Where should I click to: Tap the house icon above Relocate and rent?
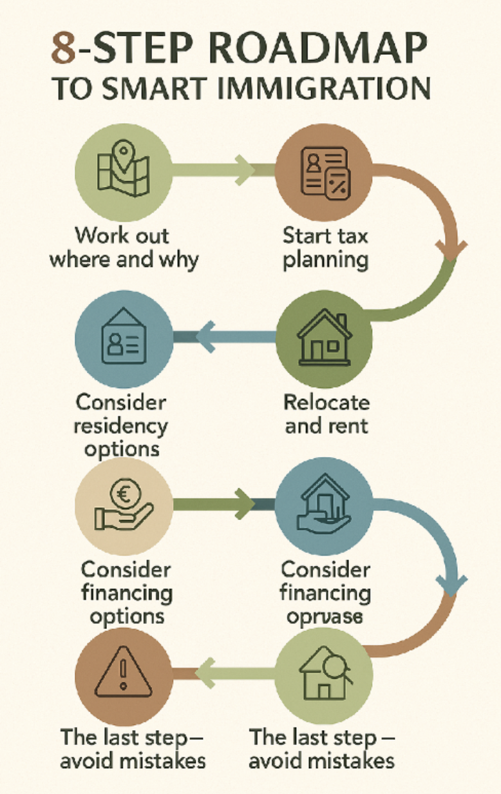click(x=324, y=339)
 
